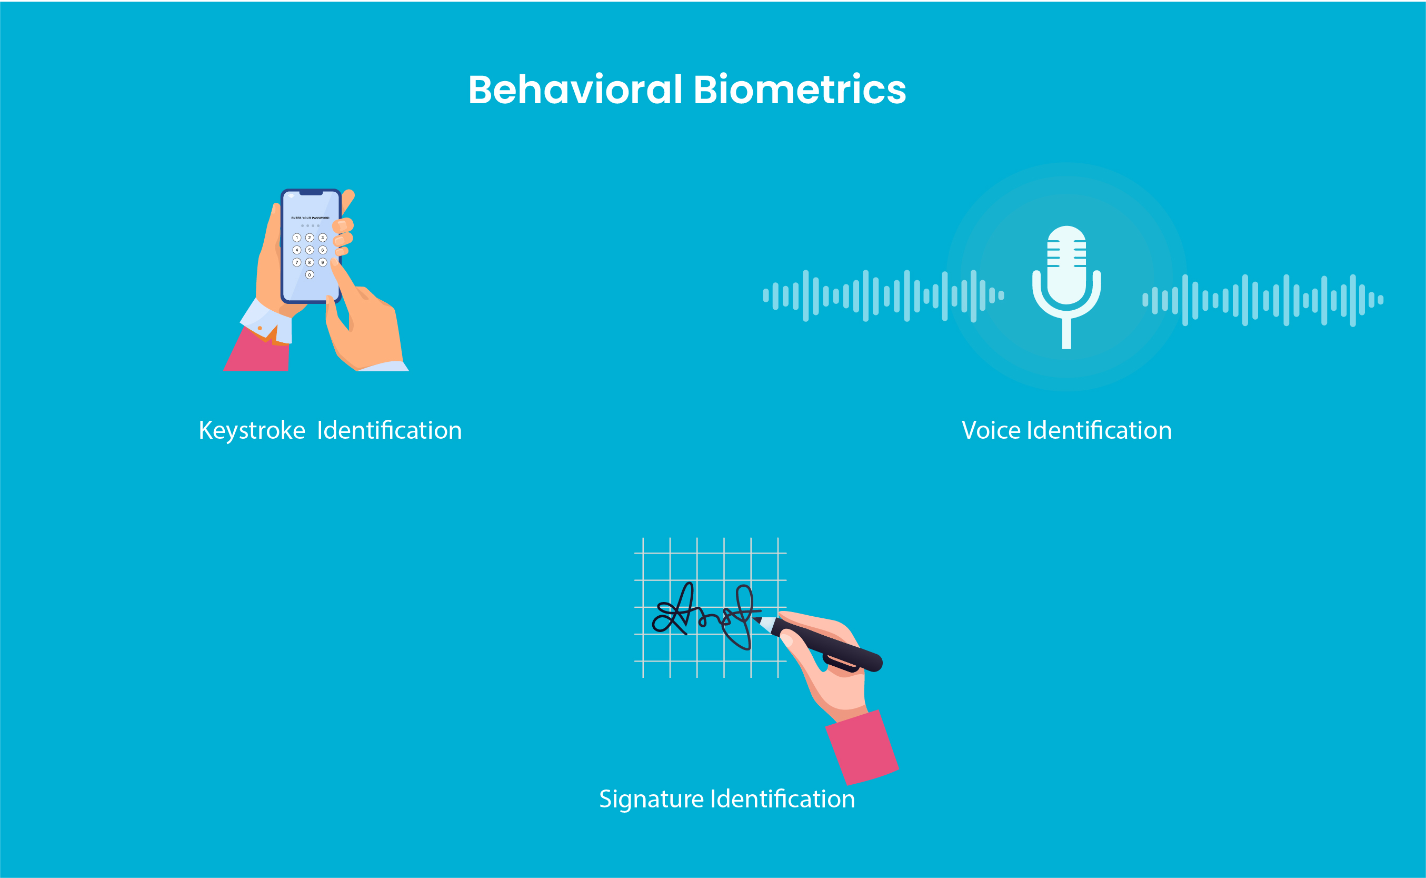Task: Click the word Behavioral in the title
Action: coord(575,90)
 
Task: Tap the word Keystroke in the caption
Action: coord(252,431)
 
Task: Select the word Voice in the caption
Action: coord(991,431)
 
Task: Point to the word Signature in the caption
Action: coord(651,800)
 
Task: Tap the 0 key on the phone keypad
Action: coord(310,274)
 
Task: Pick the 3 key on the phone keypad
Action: coord(323,238)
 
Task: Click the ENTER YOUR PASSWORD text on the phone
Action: coord(310,219)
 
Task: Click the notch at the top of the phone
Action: coord(311,193)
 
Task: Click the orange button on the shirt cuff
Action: coord(260,329)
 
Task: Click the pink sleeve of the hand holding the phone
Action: coord(257,354)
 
